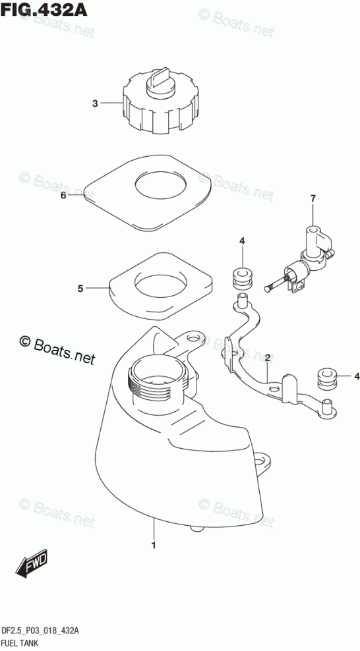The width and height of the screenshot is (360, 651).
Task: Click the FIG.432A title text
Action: [x=44, y=9]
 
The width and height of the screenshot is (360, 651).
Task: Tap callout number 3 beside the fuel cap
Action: [x=95, y=103]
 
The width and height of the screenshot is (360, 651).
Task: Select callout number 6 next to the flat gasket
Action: [x=63, y=196]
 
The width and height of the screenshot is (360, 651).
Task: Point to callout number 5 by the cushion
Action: [x=80, y=288]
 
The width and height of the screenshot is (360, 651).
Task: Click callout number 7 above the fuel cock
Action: [x=313, y=199]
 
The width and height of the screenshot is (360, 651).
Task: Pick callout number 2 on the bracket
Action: [x=268, y=357]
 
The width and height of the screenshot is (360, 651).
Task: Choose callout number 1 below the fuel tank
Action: [x=154, y=545]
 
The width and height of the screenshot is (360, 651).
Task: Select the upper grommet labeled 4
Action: [x=243, y=279]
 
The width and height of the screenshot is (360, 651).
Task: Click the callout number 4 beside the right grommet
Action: [x=357, y=377]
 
